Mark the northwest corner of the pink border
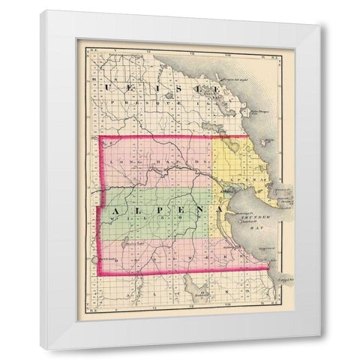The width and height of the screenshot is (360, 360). tap(100, 137)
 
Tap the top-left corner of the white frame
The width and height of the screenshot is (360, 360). tap(41, 10)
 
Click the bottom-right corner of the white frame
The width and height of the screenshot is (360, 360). tap(321, 349)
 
